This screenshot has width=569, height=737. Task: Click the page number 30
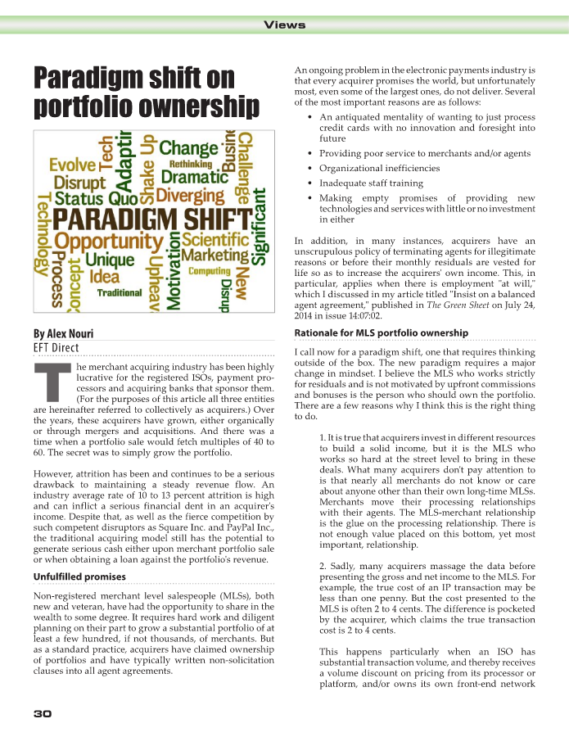point(43,714)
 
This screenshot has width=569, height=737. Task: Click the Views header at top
point(285,25)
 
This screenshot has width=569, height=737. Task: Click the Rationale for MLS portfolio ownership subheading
point(381,332)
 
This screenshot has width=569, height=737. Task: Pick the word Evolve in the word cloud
point(72,165)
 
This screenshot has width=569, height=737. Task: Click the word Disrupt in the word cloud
point(79,183)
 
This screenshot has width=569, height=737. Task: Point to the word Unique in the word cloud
point(110,261)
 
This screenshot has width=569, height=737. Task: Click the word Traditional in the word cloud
point(120,292)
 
